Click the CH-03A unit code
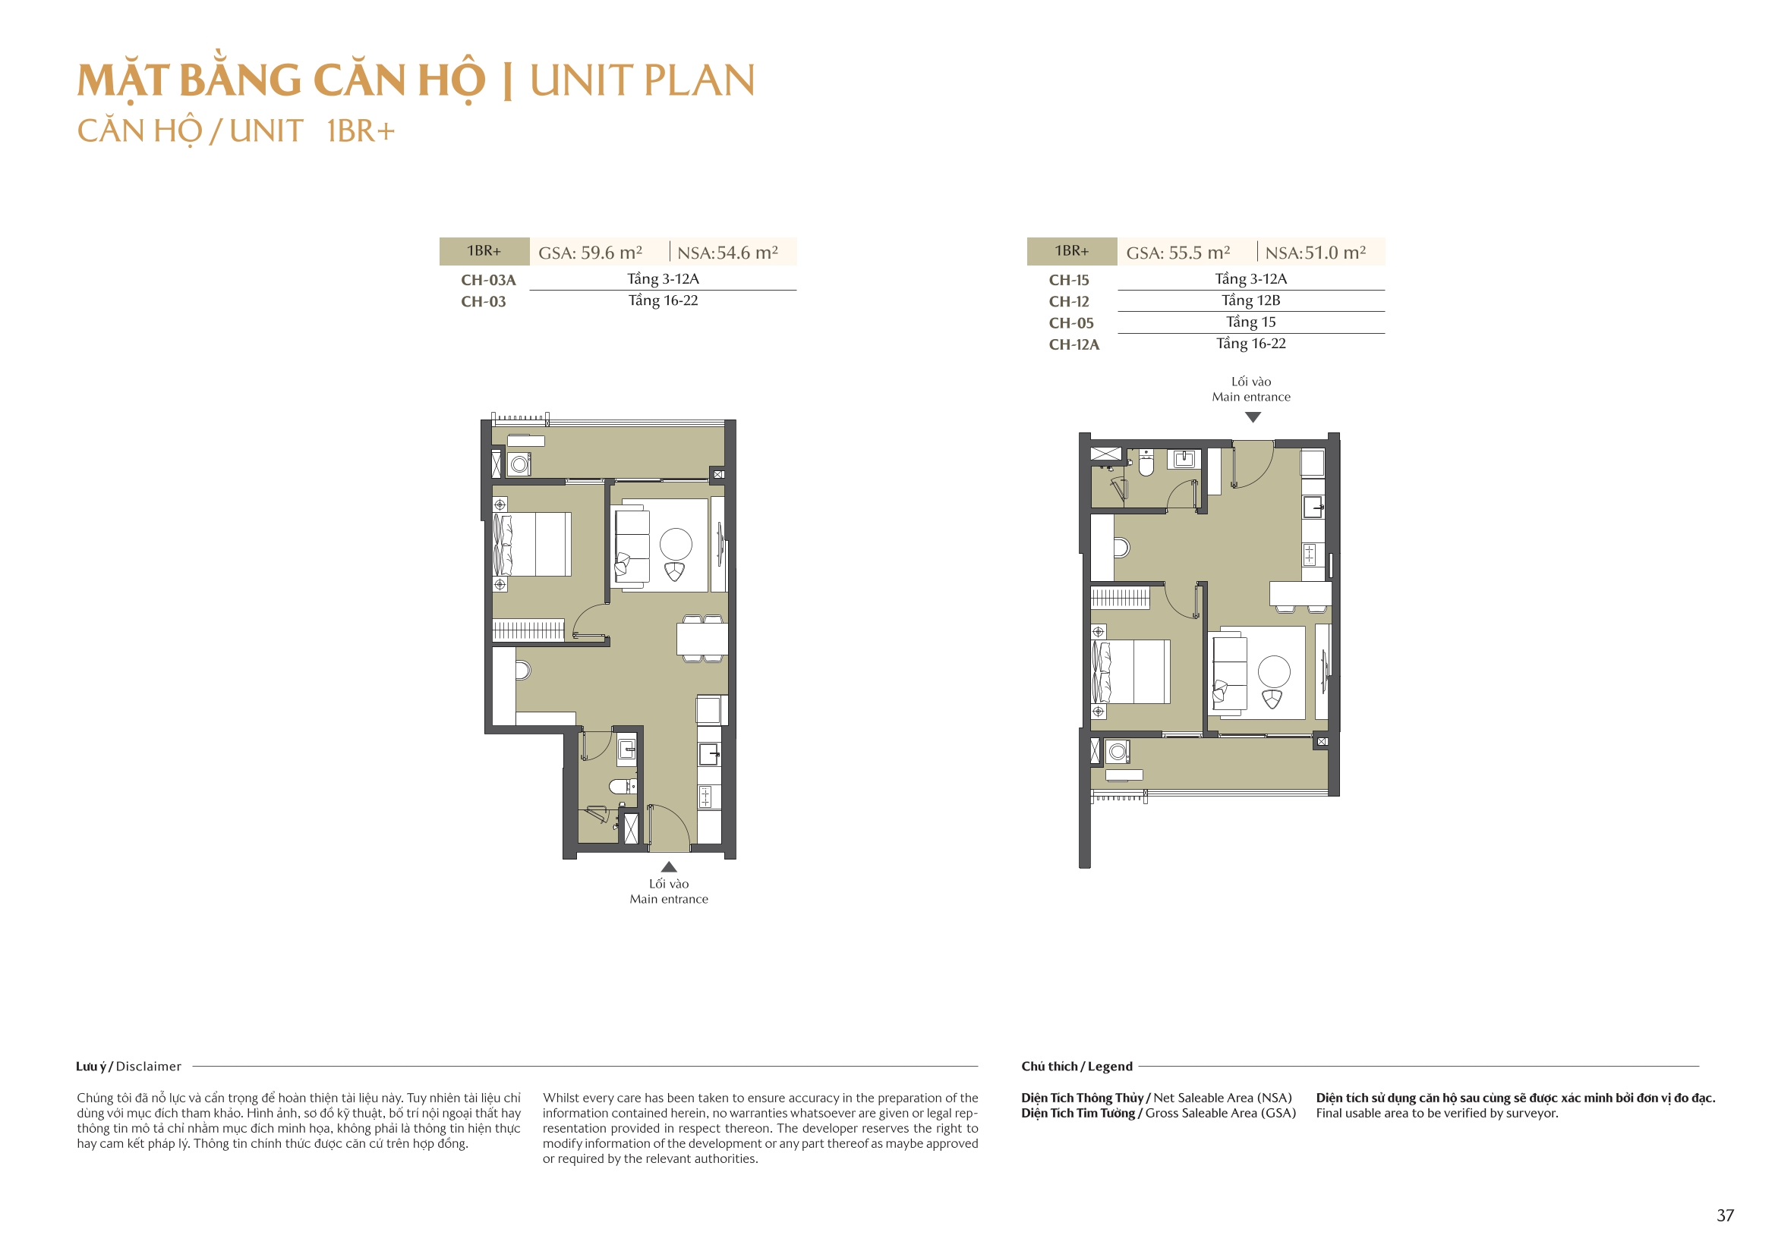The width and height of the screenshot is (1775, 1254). point(488,280)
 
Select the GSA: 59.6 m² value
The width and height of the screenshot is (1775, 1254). point(590,253)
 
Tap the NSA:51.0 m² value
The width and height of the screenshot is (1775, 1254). point(1315,253)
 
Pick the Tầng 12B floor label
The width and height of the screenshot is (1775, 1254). point(1250,300)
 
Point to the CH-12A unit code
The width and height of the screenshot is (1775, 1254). point(1074,344)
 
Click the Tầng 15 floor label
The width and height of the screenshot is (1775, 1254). point(1250,322)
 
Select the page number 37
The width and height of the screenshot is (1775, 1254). point(1725,1215)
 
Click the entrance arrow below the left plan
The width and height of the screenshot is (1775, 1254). point(669,867)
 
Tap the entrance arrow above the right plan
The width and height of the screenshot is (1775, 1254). point(1253,417)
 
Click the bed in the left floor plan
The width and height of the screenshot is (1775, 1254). point(532,544)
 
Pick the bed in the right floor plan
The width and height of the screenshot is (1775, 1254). point(1130,671)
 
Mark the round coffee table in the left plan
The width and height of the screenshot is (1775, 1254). point(676,544)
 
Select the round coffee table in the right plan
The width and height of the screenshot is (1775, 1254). point(1273,671)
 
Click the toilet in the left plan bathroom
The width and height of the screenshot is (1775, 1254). point(621,787)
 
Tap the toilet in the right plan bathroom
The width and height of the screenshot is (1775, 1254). point(1146,463)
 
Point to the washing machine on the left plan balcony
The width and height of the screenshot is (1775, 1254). point(519,464)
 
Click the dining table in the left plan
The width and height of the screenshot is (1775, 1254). point(702,639)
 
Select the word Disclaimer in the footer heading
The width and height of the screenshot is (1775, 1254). point(149,1067)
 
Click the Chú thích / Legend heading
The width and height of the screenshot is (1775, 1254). point(1077,1067)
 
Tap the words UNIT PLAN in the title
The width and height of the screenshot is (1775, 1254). point(642,80)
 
